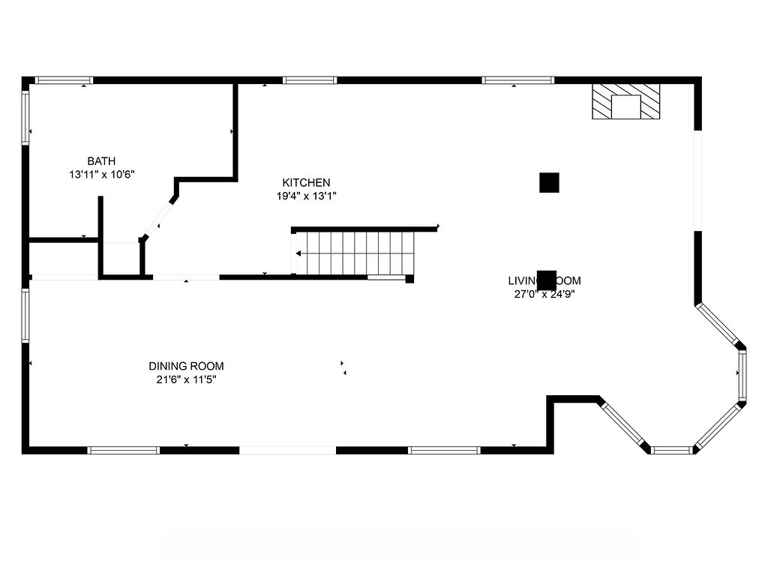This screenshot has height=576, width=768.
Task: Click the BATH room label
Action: pyautogui.click(x=101, y=160)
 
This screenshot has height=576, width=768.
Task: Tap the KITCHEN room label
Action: pyautogui.click(x=306, y=182)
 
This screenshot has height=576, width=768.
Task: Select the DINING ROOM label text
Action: pyautogui.click(x=186, y=366)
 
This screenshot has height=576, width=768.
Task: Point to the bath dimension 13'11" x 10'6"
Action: pyautogui.click(x=101, y=174)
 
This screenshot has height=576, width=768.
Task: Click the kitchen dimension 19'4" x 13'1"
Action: pyautogui.click(x=306, y=196)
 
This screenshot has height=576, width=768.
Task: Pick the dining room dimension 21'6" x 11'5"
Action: pyautogui.click(x=186, y=379)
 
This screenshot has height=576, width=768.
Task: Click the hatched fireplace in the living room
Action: pyautogui.click(x=626, y=101)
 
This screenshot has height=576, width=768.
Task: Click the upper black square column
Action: pyautogui.click(x=549, y=182)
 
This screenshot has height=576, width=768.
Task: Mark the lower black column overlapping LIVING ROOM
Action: pyautogui.click(x=547, y=279)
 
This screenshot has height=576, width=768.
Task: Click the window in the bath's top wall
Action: pyautogui.click(x=64, y=79)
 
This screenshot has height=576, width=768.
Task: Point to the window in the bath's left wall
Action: pyautogui.click(x=25, y=118)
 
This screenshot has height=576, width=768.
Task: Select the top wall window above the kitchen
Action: pyautogui.click(x=310, y=79)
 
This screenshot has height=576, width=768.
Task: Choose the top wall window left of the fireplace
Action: pyautogui.click(x=517, y=79)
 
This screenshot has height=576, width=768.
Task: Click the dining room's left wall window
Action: pyautogui.click(x=25, y=316)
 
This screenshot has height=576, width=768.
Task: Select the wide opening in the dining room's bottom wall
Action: pyautogui.click(x=287, y=450)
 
